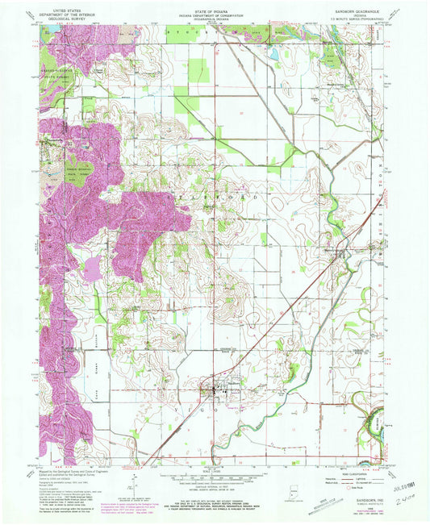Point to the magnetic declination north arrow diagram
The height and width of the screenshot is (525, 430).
133,481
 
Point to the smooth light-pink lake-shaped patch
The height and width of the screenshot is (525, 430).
94,267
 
